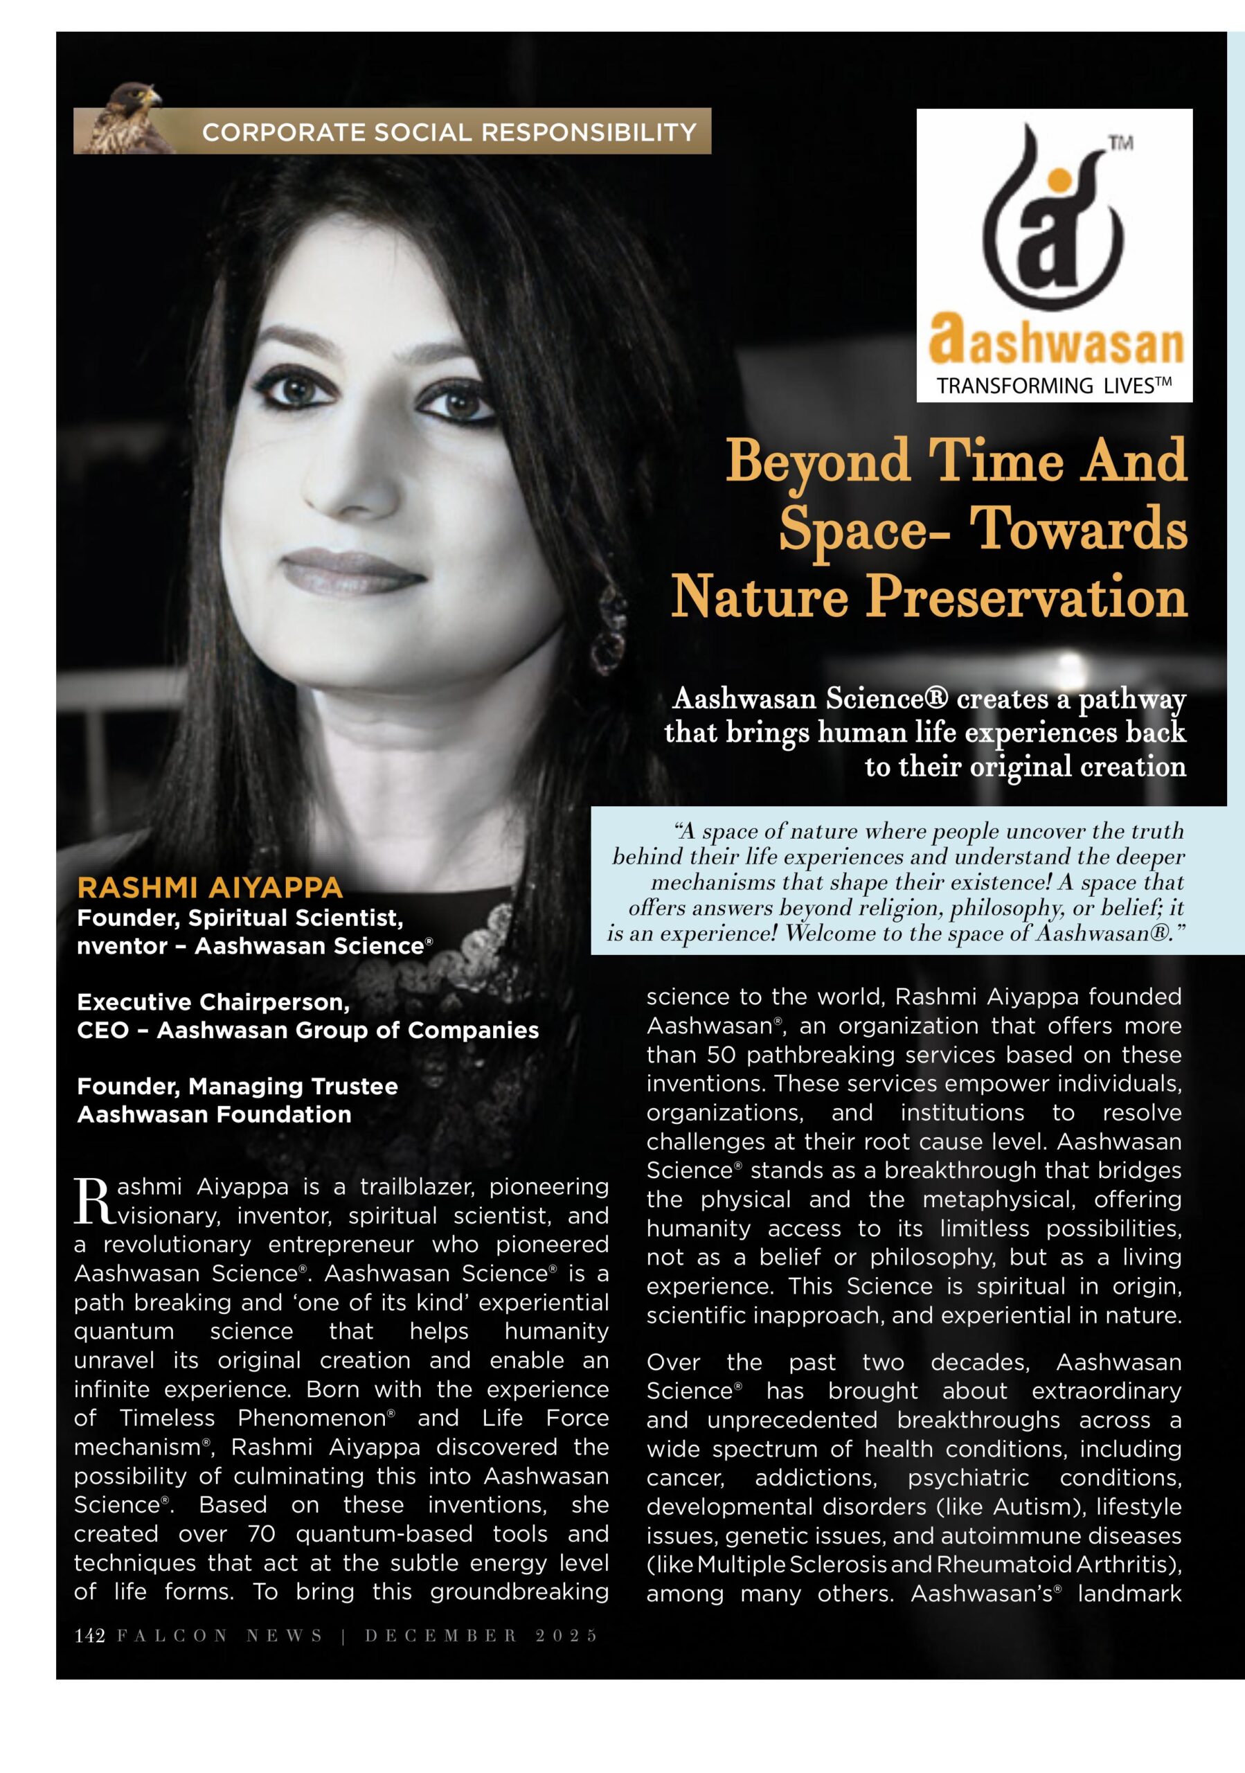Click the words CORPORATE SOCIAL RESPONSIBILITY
449,133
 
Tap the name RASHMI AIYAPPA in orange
209,888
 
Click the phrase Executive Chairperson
213,1002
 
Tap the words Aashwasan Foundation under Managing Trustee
214,1114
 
